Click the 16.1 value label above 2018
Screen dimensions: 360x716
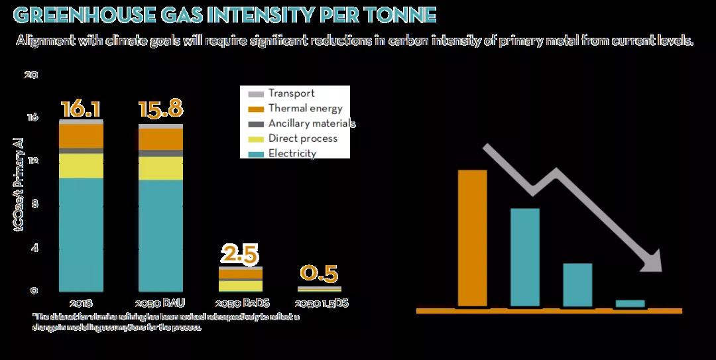[x=81, y=109]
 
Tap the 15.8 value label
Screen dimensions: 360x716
[x=160, y=109]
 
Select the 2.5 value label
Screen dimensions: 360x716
[x=240, y=254]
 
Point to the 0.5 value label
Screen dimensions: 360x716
[x=319, y=273]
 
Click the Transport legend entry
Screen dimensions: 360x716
[x=291, y=93]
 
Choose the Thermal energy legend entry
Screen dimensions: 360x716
[x=305, y=109]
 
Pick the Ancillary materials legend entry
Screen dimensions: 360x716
[x=312, y=124]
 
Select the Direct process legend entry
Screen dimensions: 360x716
[x=302, y=139]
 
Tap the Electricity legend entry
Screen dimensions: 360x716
[x=292, y=154]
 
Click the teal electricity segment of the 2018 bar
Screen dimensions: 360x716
[x=81, y=232]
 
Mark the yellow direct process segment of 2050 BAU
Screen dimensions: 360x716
[x=160, y=168]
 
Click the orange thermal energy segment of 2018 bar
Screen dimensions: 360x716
[x=81, y=136]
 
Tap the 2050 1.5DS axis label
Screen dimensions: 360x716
[x=321, y=304]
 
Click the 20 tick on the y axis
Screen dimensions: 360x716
[x=30, y=74]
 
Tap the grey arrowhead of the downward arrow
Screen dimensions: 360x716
[x=652, y=262]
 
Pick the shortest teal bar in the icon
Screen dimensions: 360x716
[x=630, y=304]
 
